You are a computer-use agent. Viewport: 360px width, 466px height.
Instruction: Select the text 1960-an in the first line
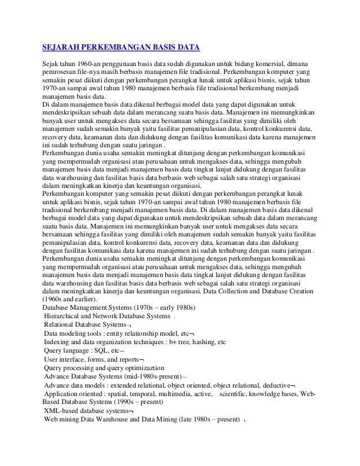click(x=88, y=63)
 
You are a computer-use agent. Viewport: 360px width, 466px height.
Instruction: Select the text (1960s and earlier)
click(x=71, y=298)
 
